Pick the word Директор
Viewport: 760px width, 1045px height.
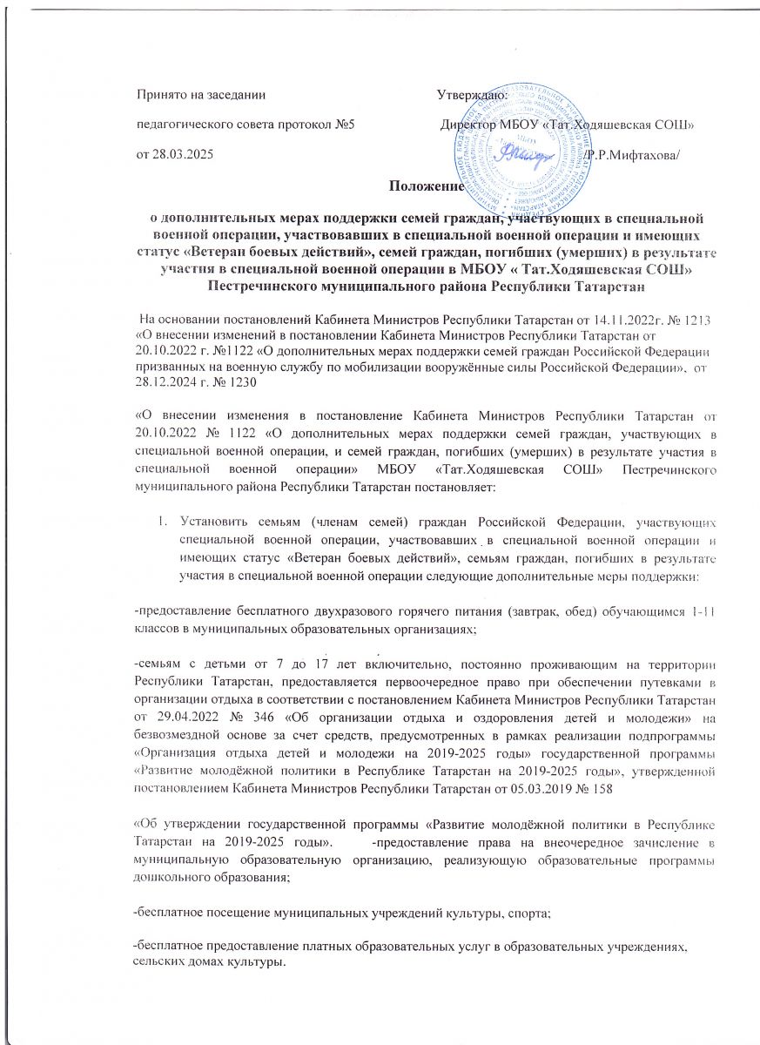[468, 125]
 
